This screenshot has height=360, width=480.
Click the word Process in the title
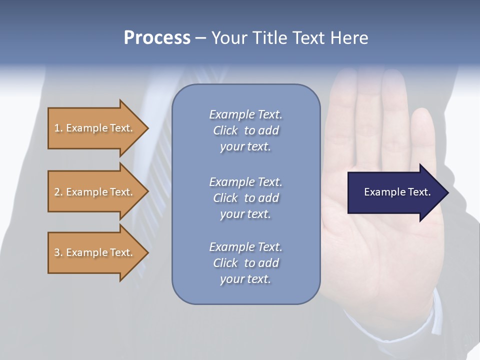pos(157,38)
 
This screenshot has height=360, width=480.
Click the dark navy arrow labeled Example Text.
pos(395,192)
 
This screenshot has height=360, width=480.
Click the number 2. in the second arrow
pos(58,192)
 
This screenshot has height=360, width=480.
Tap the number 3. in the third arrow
pos(58,252)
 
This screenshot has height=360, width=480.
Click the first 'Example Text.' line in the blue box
pos(245,114)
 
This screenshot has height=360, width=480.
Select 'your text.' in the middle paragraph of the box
pos(245,214)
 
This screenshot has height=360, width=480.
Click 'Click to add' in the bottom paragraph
pos(245,263)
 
